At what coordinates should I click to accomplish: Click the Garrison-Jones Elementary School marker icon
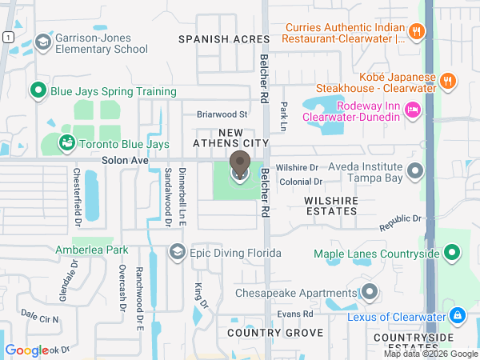coord(42,41)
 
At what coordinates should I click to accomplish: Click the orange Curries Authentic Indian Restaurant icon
coord(415,32)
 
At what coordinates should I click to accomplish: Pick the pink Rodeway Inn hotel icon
coord(414,110)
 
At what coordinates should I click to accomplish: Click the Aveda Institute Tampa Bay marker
coord(415,170)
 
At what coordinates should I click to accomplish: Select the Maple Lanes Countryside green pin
coord(452,254)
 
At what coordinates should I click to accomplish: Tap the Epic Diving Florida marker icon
coord(177,253)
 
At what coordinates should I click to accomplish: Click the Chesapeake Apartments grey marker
coord(369,293)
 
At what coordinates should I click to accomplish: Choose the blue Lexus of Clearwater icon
coord(457,316)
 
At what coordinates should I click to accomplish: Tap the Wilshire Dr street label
coord(297,168)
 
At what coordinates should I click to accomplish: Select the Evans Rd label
coord(295,314)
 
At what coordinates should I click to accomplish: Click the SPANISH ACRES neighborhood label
coord(214,38)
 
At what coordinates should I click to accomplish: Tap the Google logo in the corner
coord(26,350)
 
